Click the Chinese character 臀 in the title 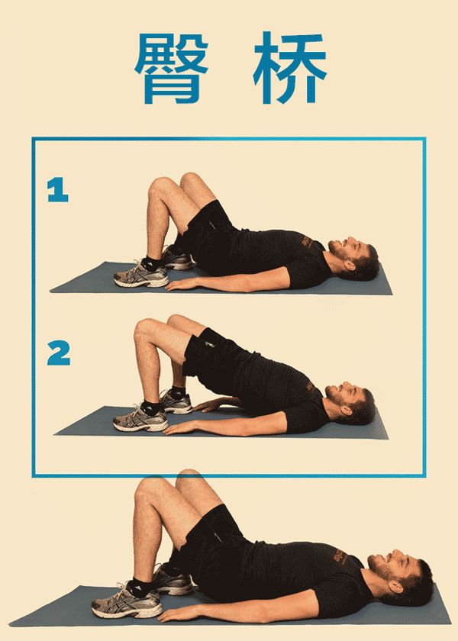[171, 67]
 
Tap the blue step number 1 [57, 190]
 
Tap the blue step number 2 [59, 353]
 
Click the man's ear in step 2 [347, 410]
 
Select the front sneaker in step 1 [141, 275]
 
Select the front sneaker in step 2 [140, 419]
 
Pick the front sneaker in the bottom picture [127, 602]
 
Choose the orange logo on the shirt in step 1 [308, 242]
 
